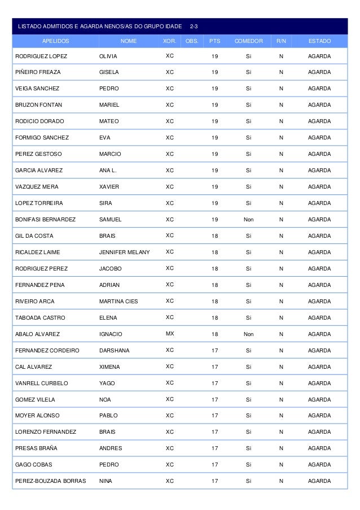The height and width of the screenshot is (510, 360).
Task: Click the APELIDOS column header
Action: point(55,41)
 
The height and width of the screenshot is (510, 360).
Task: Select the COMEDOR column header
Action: point(248,41)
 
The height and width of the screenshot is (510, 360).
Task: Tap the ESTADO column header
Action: point(319,41)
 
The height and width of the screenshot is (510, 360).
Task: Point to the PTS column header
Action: point(214,41)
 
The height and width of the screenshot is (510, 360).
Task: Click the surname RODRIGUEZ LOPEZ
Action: point(41,56)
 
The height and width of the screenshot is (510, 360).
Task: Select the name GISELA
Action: point(109,72)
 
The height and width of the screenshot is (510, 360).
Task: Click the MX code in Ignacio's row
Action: point(170,334)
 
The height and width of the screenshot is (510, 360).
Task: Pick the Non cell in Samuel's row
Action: point(248,219)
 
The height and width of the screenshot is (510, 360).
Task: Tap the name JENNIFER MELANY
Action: point(124,252)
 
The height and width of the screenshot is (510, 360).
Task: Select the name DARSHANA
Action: point(114,350)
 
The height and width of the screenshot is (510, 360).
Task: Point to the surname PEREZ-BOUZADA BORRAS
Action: point(51,481)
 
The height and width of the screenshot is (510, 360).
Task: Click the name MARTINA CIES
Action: point(118,301)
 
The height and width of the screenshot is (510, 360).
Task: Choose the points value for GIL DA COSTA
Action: point(214,236)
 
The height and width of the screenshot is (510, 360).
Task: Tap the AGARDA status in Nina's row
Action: point(319,481)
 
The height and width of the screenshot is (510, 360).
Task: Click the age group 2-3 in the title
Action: point(194,27)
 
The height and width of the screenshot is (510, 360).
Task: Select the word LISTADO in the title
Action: point(29,27)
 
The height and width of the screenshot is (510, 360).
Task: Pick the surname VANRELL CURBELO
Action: point(42,383)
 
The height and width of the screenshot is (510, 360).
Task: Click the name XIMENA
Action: point(109,367)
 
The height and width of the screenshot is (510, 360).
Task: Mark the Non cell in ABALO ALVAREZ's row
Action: point(248,334)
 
